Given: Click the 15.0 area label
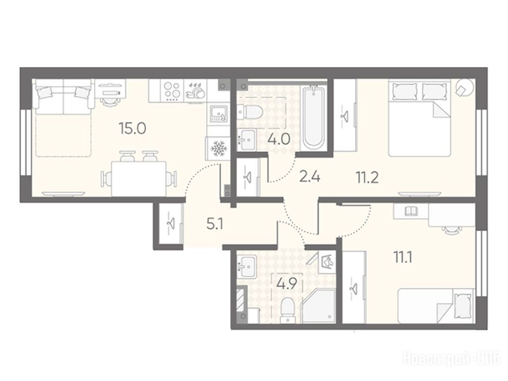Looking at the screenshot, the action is (x=132, y=128).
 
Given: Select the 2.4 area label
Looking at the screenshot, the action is (x=310, y=177).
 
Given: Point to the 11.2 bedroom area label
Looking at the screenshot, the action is (x=368, y=178).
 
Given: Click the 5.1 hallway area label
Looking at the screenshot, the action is (x=214, y=224).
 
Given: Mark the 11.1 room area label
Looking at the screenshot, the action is (x=403, y=258).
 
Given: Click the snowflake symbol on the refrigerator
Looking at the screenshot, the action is (x=218, y=149).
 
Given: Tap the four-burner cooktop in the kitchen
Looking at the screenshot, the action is (x=172, y=91).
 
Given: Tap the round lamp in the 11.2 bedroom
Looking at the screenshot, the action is (x=464, y=87).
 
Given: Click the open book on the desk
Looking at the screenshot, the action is (x=412, y=211).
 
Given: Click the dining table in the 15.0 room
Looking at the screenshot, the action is (x=139, y=179).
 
